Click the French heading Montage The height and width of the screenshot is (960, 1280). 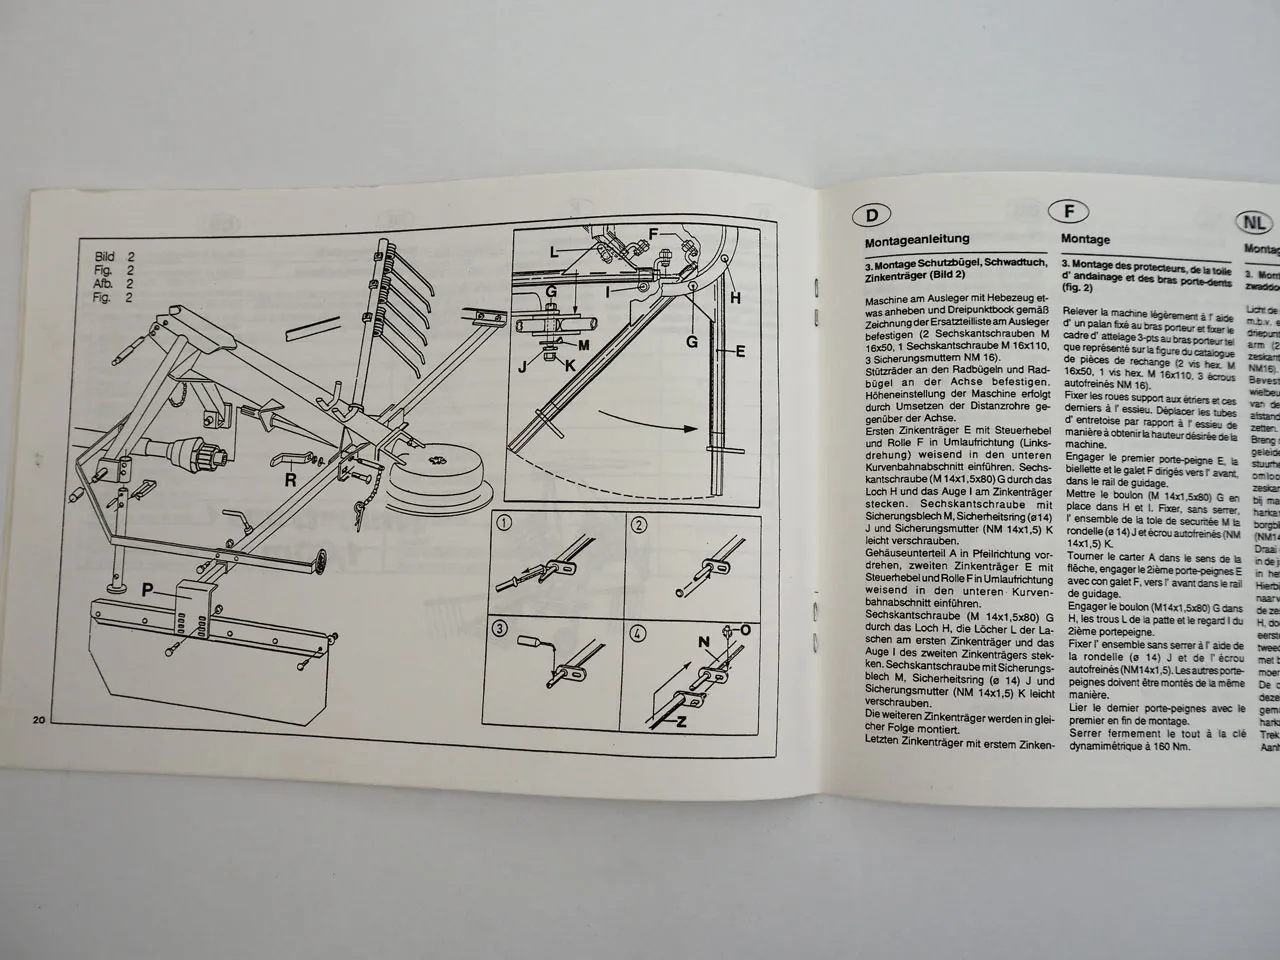point(1086,240)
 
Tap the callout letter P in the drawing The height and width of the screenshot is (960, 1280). point(147,590)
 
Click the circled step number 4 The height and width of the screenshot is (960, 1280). point(638,632)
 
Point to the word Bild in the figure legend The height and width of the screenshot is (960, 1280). point(106,256)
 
